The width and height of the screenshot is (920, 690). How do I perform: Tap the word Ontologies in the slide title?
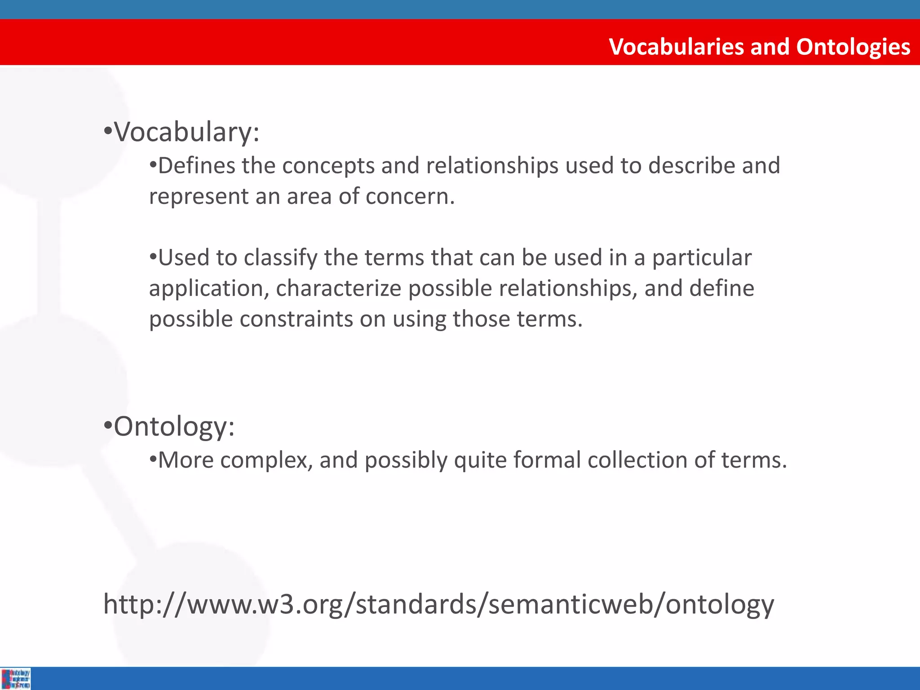point(853,47)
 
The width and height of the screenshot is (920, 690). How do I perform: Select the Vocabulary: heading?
point(186,132)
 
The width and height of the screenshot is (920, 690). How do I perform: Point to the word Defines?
point(197,166)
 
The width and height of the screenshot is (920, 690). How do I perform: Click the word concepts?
point(328,166)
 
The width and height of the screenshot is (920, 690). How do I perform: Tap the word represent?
point(199,196)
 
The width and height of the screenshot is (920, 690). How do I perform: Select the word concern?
point(410,196)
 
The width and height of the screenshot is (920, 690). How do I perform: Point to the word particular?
point(702,258)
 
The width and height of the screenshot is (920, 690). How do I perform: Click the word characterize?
point(338,288)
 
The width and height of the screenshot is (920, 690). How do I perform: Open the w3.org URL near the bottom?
point(438,604)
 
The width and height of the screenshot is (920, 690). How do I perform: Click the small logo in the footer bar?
point(16,679)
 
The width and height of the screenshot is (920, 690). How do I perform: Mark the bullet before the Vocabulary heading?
point(107,132)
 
